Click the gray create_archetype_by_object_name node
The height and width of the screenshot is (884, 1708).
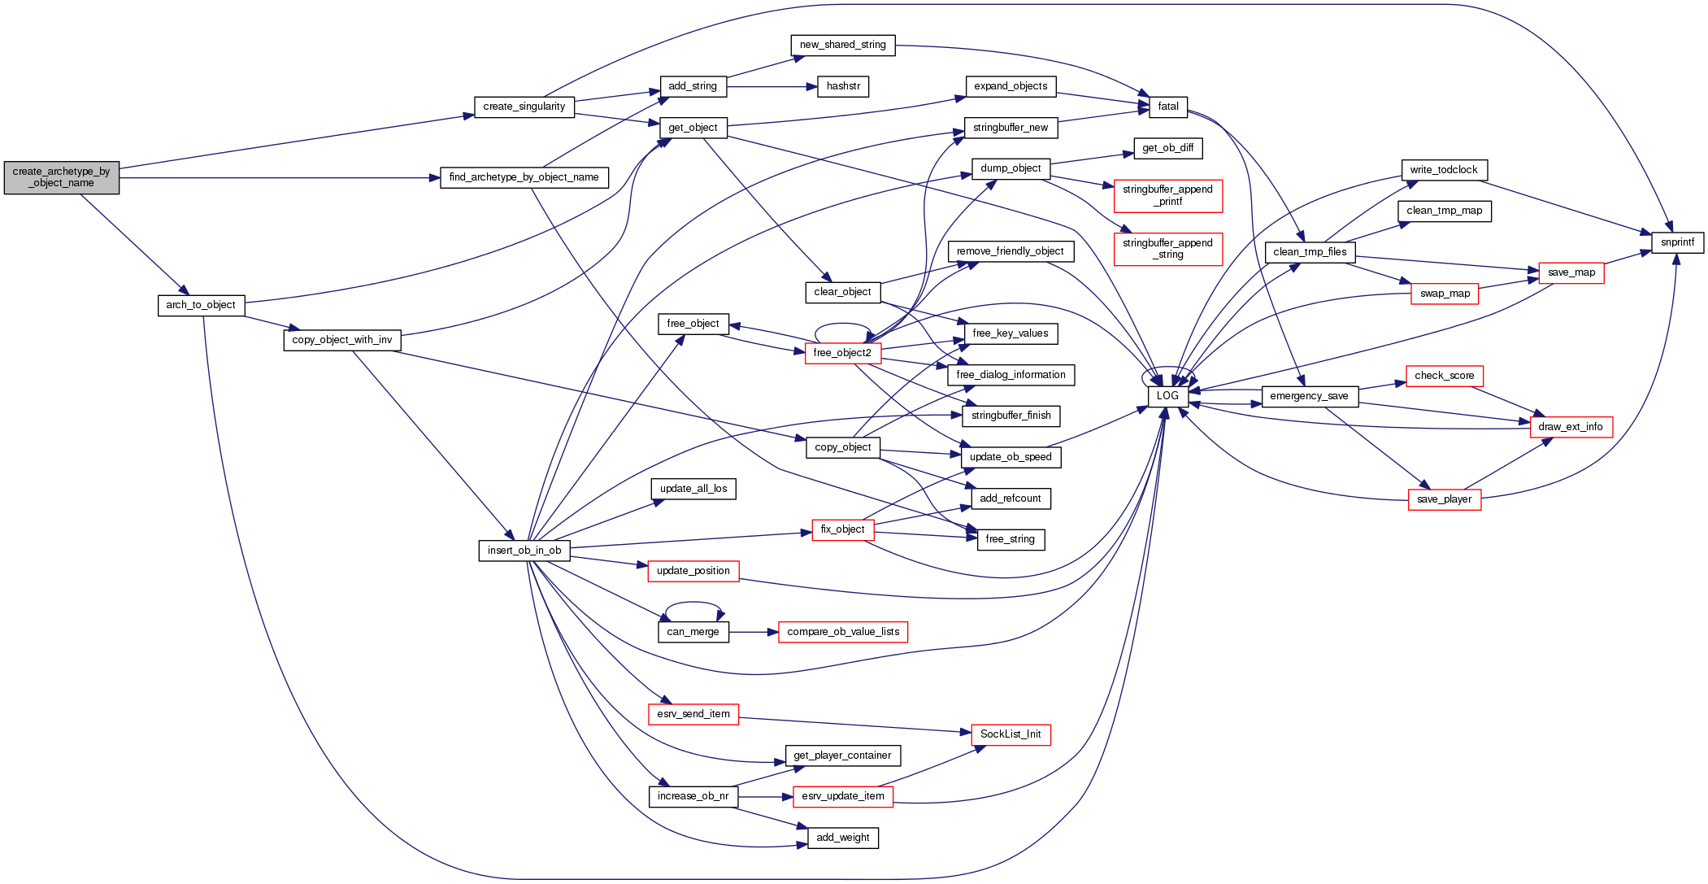(61, 177)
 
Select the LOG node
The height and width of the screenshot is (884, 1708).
(1167, 396)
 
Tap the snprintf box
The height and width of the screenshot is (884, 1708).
(1677, 242)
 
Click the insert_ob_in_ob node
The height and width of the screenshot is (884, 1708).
(524, 551)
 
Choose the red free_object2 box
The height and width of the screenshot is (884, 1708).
(842, 353)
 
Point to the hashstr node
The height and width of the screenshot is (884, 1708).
(843, 86)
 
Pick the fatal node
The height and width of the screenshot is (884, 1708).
(1168, 107)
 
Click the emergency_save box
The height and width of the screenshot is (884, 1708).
(1309, 396)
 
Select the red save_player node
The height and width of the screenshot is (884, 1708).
(1444, 499)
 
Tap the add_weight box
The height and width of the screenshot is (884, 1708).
(842, 838)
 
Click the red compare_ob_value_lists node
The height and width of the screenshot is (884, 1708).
(843, 632)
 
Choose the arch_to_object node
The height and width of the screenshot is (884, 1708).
(201, 305)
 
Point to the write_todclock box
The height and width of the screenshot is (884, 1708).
(1444, 170)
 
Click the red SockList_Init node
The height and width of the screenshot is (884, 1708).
(1010, 734)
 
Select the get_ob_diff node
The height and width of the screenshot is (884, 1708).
(1167, 148)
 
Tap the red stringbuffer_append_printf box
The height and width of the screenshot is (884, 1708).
(1167, 195)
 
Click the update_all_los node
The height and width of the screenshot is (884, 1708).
(693, 489)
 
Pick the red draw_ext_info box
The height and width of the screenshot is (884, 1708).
(1570, 427)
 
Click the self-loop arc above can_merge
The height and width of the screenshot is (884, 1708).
(693, 603)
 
